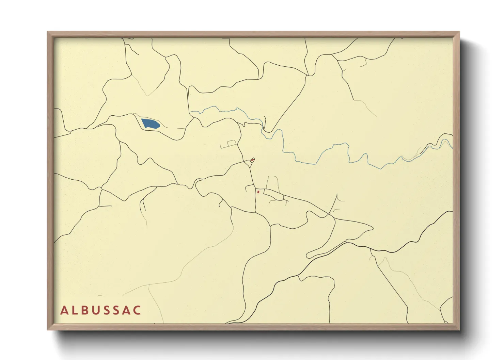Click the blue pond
point(150,123)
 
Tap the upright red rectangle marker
point(258,192)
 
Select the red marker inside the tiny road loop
point(252,160)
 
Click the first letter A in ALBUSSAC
point(64,310)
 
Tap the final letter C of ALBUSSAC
point(137,310)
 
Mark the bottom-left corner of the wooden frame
point(48,329)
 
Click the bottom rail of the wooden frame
point(253,326)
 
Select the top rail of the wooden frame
point(253,34)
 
